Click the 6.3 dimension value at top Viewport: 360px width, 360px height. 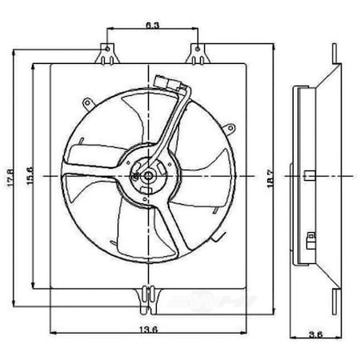click(x=152, y=26)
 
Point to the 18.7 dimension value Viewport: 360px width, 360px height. click(x=278, y=174)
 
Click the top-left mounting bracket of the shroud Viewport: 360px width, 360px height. click(x=106, y=55)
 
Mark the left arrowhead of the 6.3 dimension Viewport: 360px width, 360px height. click(x=110, y=32)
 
